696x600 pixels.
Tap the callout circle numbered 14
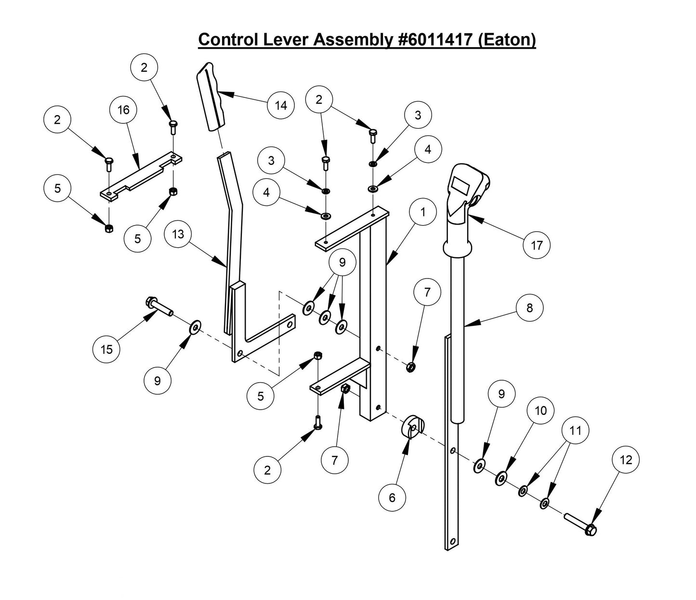coord(281,105)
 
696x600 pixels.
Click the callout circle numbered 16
coord(123,110)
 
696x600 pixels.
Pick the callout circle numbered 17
coord(537,245)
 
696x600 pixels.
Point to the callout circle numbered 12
coord(626,460)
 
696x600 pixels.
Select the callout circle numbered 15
coord(106,349)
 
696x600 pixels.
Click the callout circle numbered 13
coord(178,234)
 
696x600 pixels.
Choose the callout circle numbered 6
coord(392,497)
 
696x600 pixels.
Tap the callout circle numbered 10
coord(541,410)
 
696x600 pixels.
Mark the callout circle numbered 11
coord(576,430)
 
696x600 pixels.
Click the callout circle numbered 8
coord(530,307)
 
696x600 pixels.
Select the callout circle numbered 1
coord(423,212)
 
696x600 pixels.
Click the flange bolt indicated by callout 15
coord(159,307)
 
